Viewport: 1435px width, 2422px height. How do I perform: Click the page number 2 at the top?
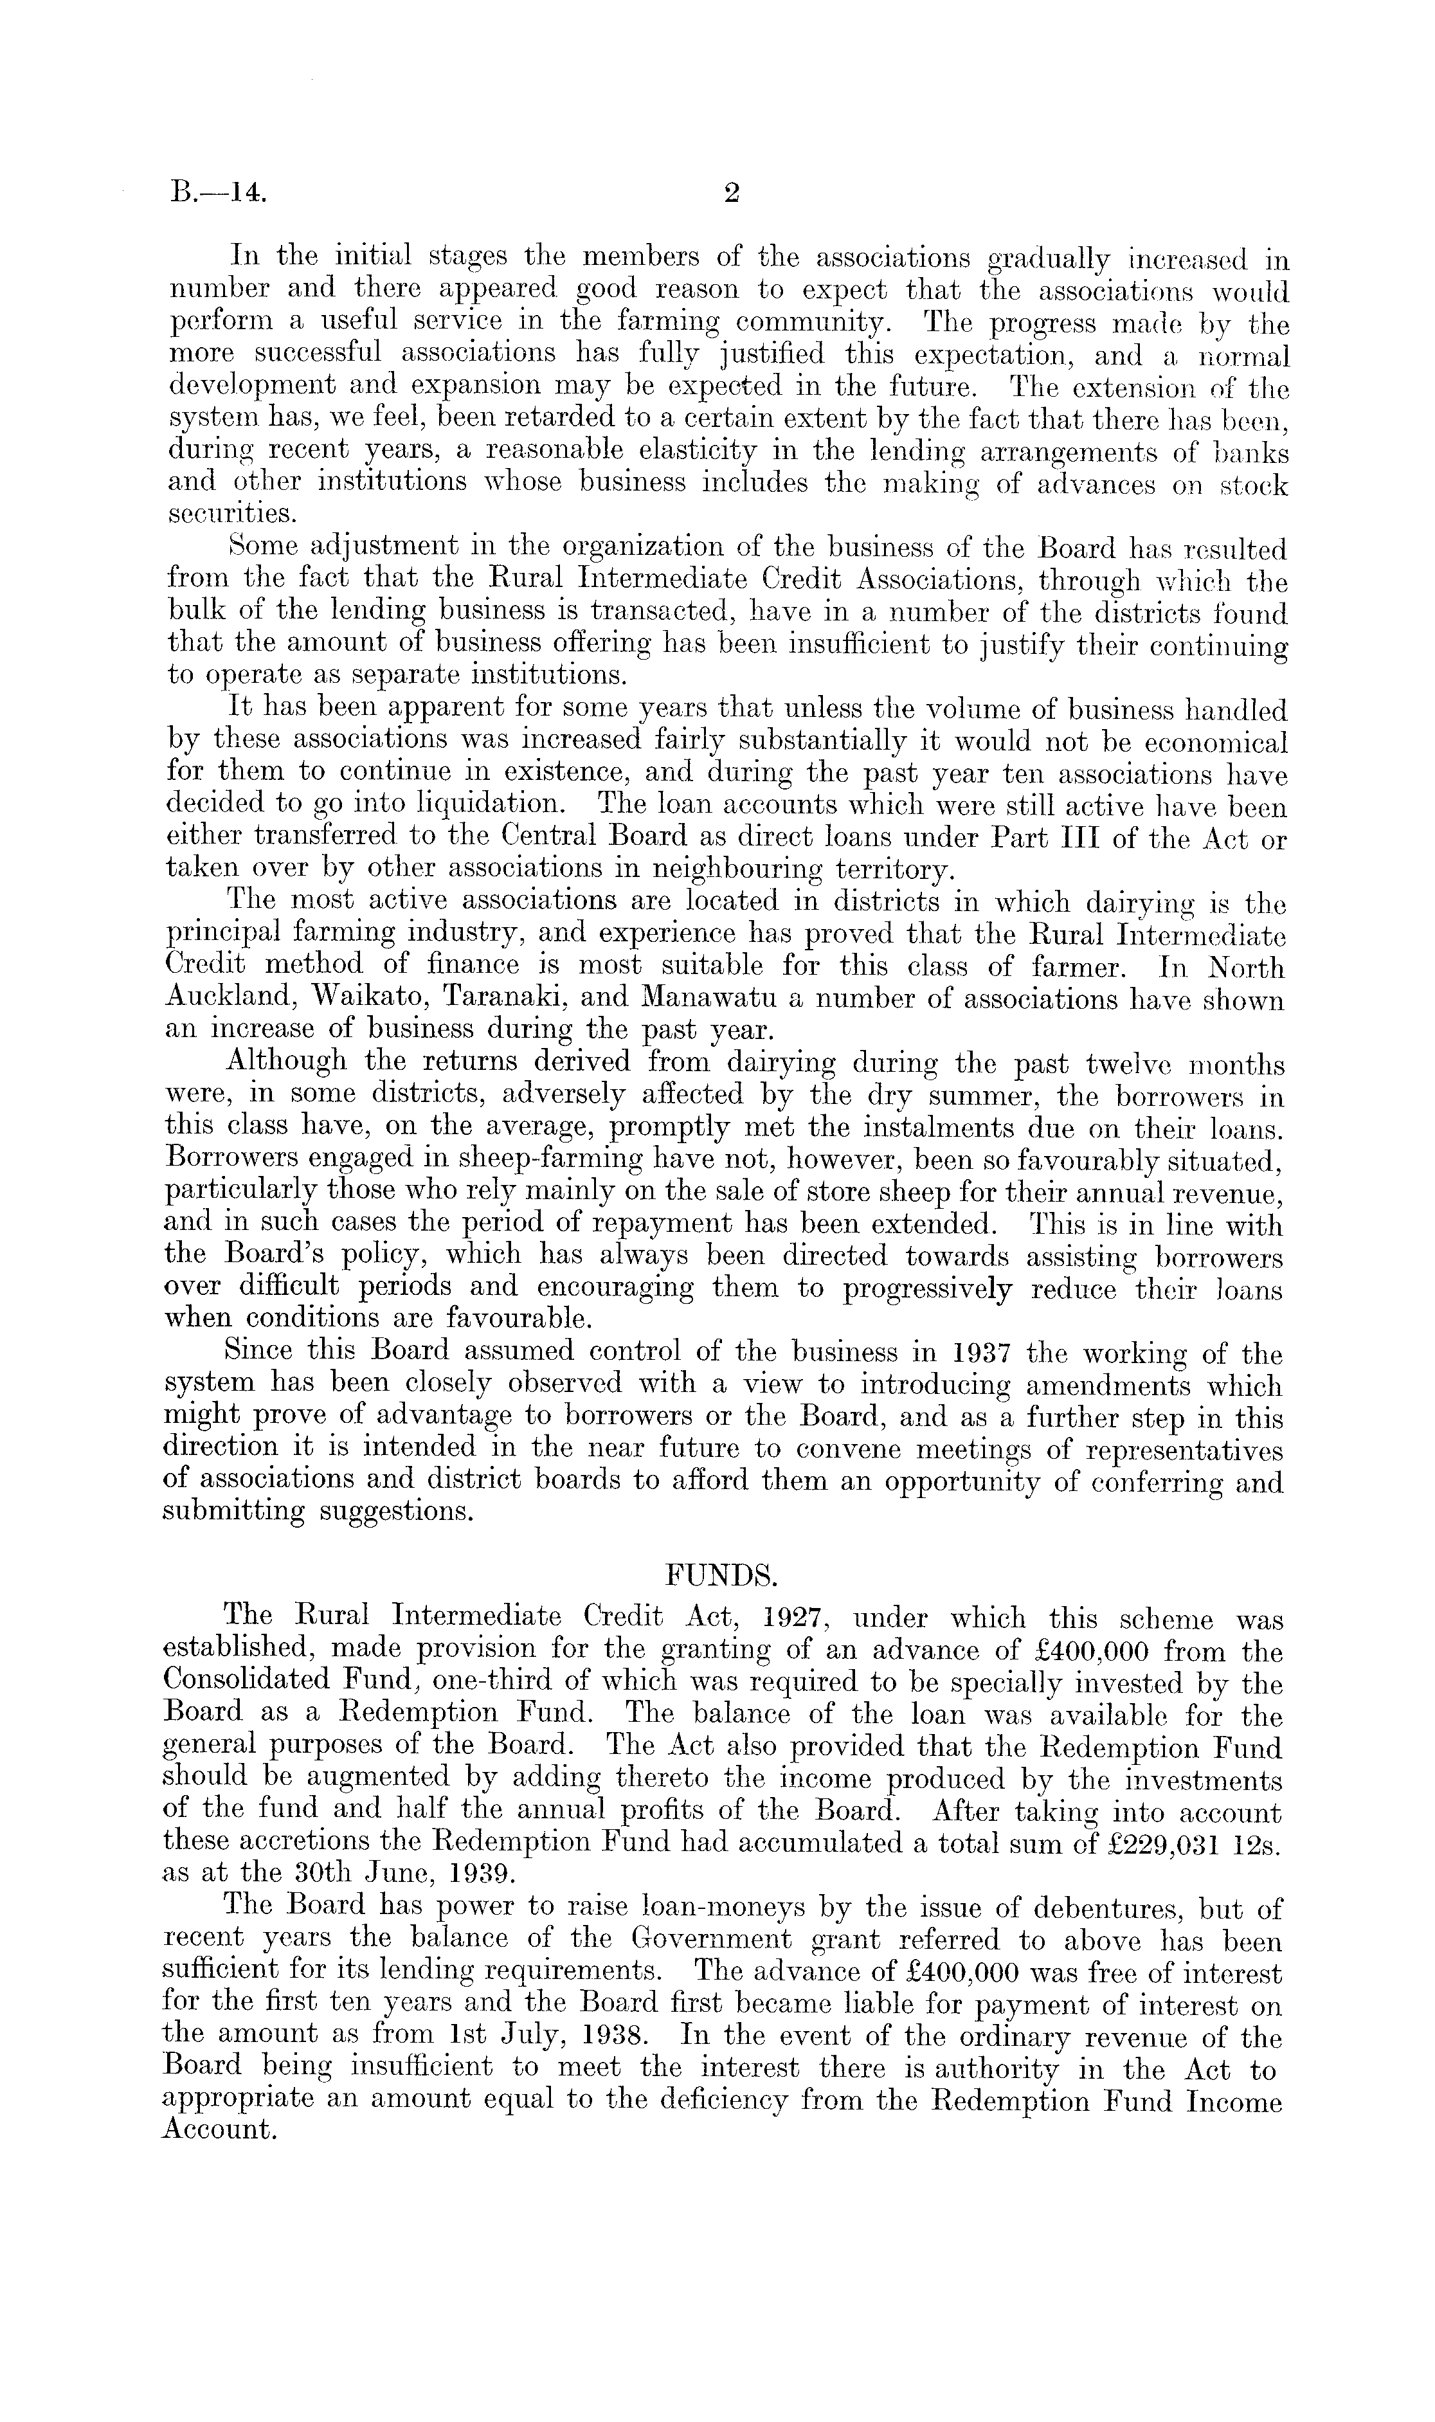coord(731,194)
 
